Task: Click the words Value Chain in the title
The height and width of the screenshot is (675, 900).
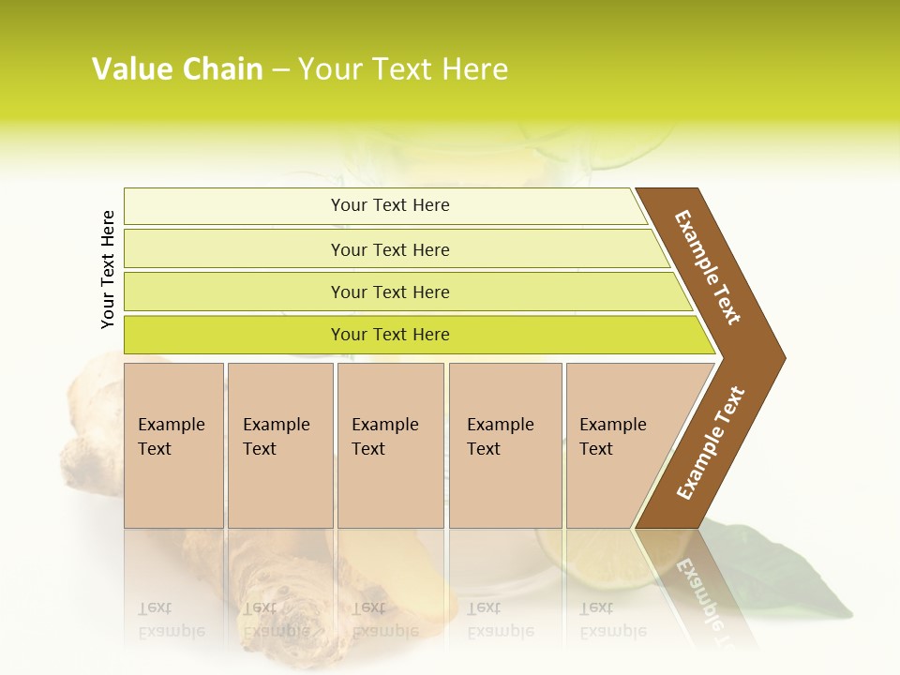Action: pyautogui.click(x=177, y=69)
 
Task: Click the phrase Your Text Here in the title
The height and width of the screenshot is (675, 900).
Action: pyautogui.click(x=403, y=69)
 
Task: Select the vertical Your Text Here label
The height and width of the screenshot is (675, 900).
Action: pyautogui.click(x=108, y=269)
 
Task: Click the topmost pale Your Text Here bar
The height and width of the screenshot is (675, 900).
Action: pyautogui.click(x=389, y=205)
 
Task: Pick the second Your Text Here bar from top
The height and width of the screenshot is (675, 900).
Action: pyautogui.click(x=389, y=249)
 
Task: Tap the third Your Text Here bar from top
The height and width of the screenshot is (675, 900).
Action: pyautogui.click(x=389, y=292)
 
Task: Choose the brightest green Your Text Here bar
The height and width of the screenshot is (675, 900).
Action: pyautogui.click(x=389, y=335)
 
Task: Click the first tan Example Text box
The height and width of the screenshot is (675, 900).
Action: pyautogui.click(x=173, y=445)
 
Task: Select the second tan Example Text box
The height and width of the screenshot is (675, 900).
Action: pyautogui.click(x=279, y=445)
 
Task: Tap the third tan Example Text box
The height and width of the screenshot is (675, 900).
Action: pyautogui.click(x=390, y=445)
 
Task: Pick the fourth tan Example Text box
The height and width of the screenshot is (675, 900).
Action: pyautogui.click(x=504, y=445)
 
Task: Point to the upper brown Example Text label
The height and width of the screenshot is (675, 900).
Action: pyautogui.click(x=709, y=267)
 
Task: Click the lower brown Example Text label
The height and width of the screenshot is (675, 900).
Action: pyautogui.click(x=711, y=442)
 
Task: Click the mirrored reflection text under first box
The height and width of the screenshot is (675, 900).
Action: pyautogui.click(x=171, y=620)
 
